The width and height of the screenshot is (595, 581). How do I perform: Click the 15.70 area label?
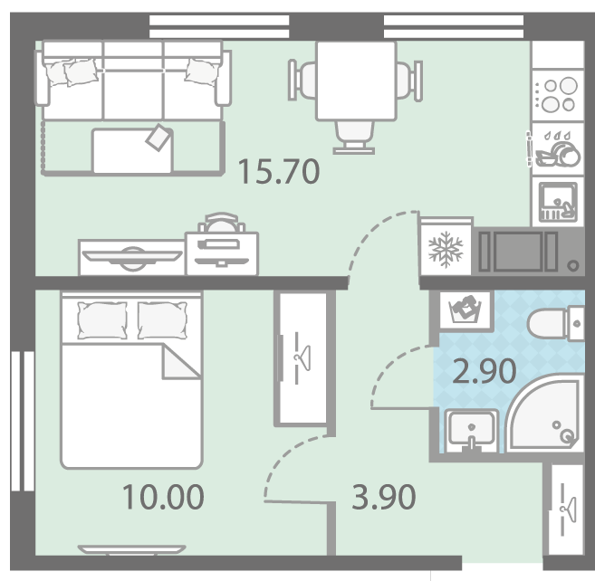(x=279, y=171)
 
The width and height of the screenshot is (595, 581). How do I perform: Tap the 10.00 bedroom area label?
(x=163, y=497)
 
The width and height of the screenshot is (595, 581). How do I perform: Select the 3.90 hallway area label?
(x=384, y=497)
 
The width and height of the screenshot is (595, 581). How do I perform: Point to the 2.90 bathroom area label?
(x=485, y=371)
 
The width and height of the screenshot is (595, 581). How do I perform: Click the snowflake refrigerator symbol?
(x=446, y=249)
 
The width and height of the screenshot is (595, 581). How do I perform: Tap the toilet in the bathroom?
(x=556, y=323)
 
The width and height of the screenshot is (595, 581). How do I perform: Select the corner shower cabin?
(x=545, y=414)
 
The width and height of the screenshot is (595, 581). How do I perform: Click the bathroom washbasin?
(x=472, y=431)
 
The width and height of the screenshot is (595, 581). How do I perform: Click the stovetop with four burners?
(x=558, y=95)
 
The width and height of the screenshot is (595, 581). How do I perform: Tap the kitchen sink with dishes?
(x=558, y=202)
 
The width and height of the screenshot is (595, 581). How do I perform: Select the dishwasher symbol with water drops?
(x=558, y=148)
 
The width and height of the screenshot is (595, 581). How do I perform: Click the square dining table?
(x=356, y=81)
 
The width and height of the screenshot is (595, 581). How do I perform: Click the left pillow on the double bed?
(x=102, y=320)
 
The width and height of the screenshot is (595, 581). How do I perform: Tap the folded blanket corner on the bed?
(x=181, y=361)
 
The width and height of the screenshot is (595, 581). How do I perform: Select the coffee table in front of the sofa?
(x=133, y=150)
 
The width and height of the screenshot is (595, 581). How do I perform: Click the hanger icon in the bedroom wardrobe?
(x=302, y=357)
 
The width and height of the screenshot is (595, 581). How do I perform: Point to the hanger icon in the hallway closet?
(x=568, y=510)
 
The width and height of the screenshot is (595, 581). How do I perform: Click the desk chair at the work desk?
(x=221, y=223)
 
